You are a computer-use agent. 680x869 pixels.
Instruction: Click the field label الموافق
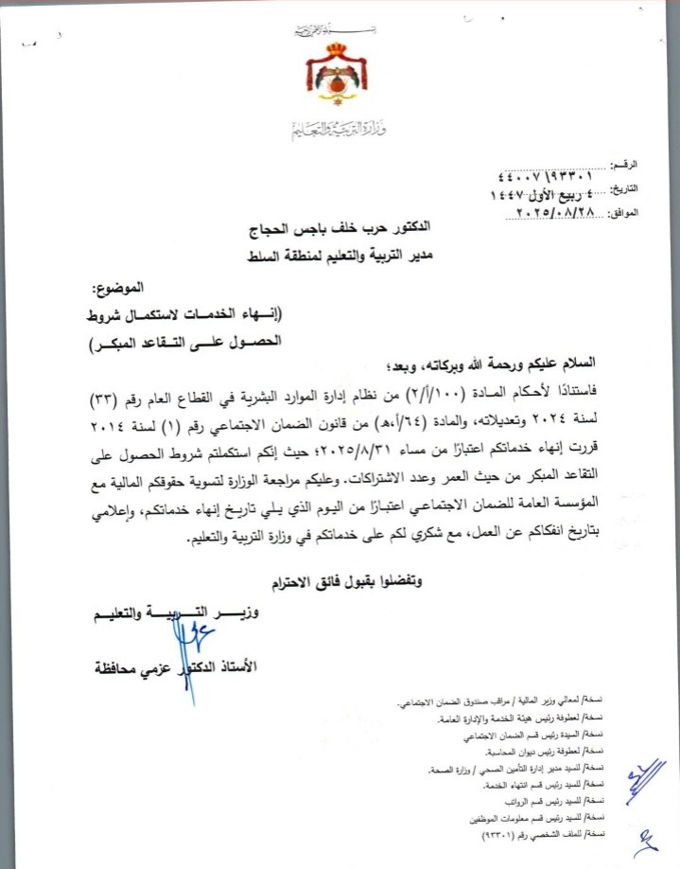[x=621, y=214]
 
